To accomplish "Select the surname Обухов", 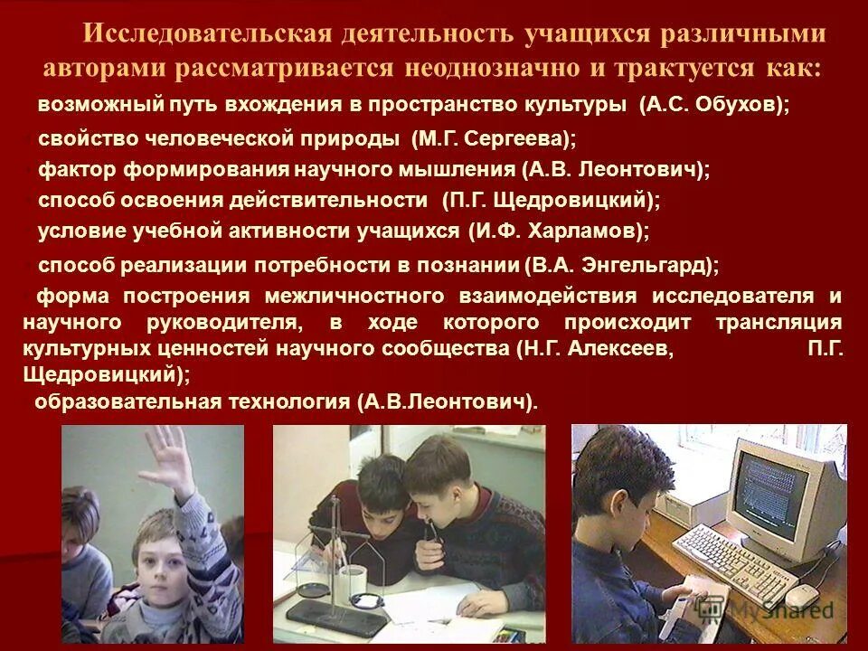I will click(x=741, y=106).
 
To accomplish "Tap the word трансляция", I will click(x=779, y=323).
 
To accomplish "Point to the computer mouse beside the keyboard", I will click(x=801, y=594).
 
